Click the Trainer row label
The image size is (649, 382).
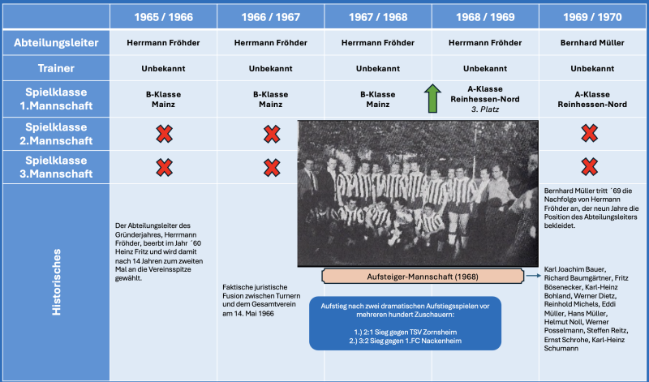click(x=55, y=69)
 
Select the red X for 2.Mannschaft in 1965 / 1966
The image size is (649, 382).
click(x=164, y=132)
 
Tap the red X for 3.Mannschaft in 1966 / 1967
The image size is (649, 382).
click(x=272, y=167)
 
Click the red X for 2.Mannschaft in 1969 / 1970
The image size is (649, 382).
click(x=589, y=132)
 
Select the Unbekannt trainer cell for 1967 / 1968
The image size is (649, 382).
click(x=379, y=69)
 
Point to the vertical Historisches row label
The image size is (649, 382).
click(x=56, y=281)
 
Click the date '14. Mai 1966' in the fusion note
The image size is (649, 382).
click(x=254, y=314)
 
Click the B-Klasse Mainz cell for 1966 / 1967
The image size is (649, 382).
click(x=271, y=99)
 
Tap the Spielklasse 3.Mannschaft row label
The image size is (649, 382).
click(x=55, y=167)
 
